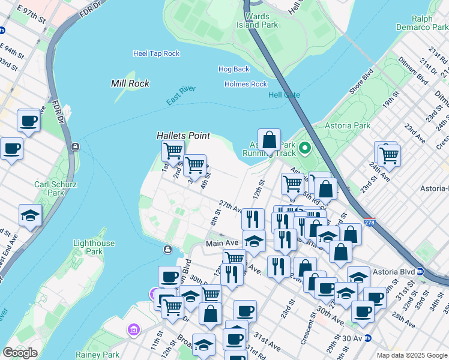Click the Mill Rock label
[x=130, y=83]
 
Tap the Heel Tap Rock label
[x=156, y=53]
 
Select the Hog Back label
[x=234, y=70]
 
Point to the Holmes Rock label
[x=246, y=84]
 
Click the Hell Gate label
[x=283, y=95]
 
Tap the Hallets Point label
[x=183, y=136]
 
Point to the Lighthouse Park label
[x=94, y=248]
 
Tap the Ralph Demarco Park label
[x=422, y=22]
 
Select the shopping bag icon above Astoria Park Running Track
[x=270, y=140]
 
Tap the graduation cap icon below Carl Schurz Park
[x=30, y=215]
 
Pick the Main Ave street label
[x=222, y=243]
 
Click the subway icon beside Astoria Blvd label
[x=421, y=271]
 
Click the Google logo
[x=20, y=353]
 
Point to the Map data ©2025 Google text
[x=411, y=355]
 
